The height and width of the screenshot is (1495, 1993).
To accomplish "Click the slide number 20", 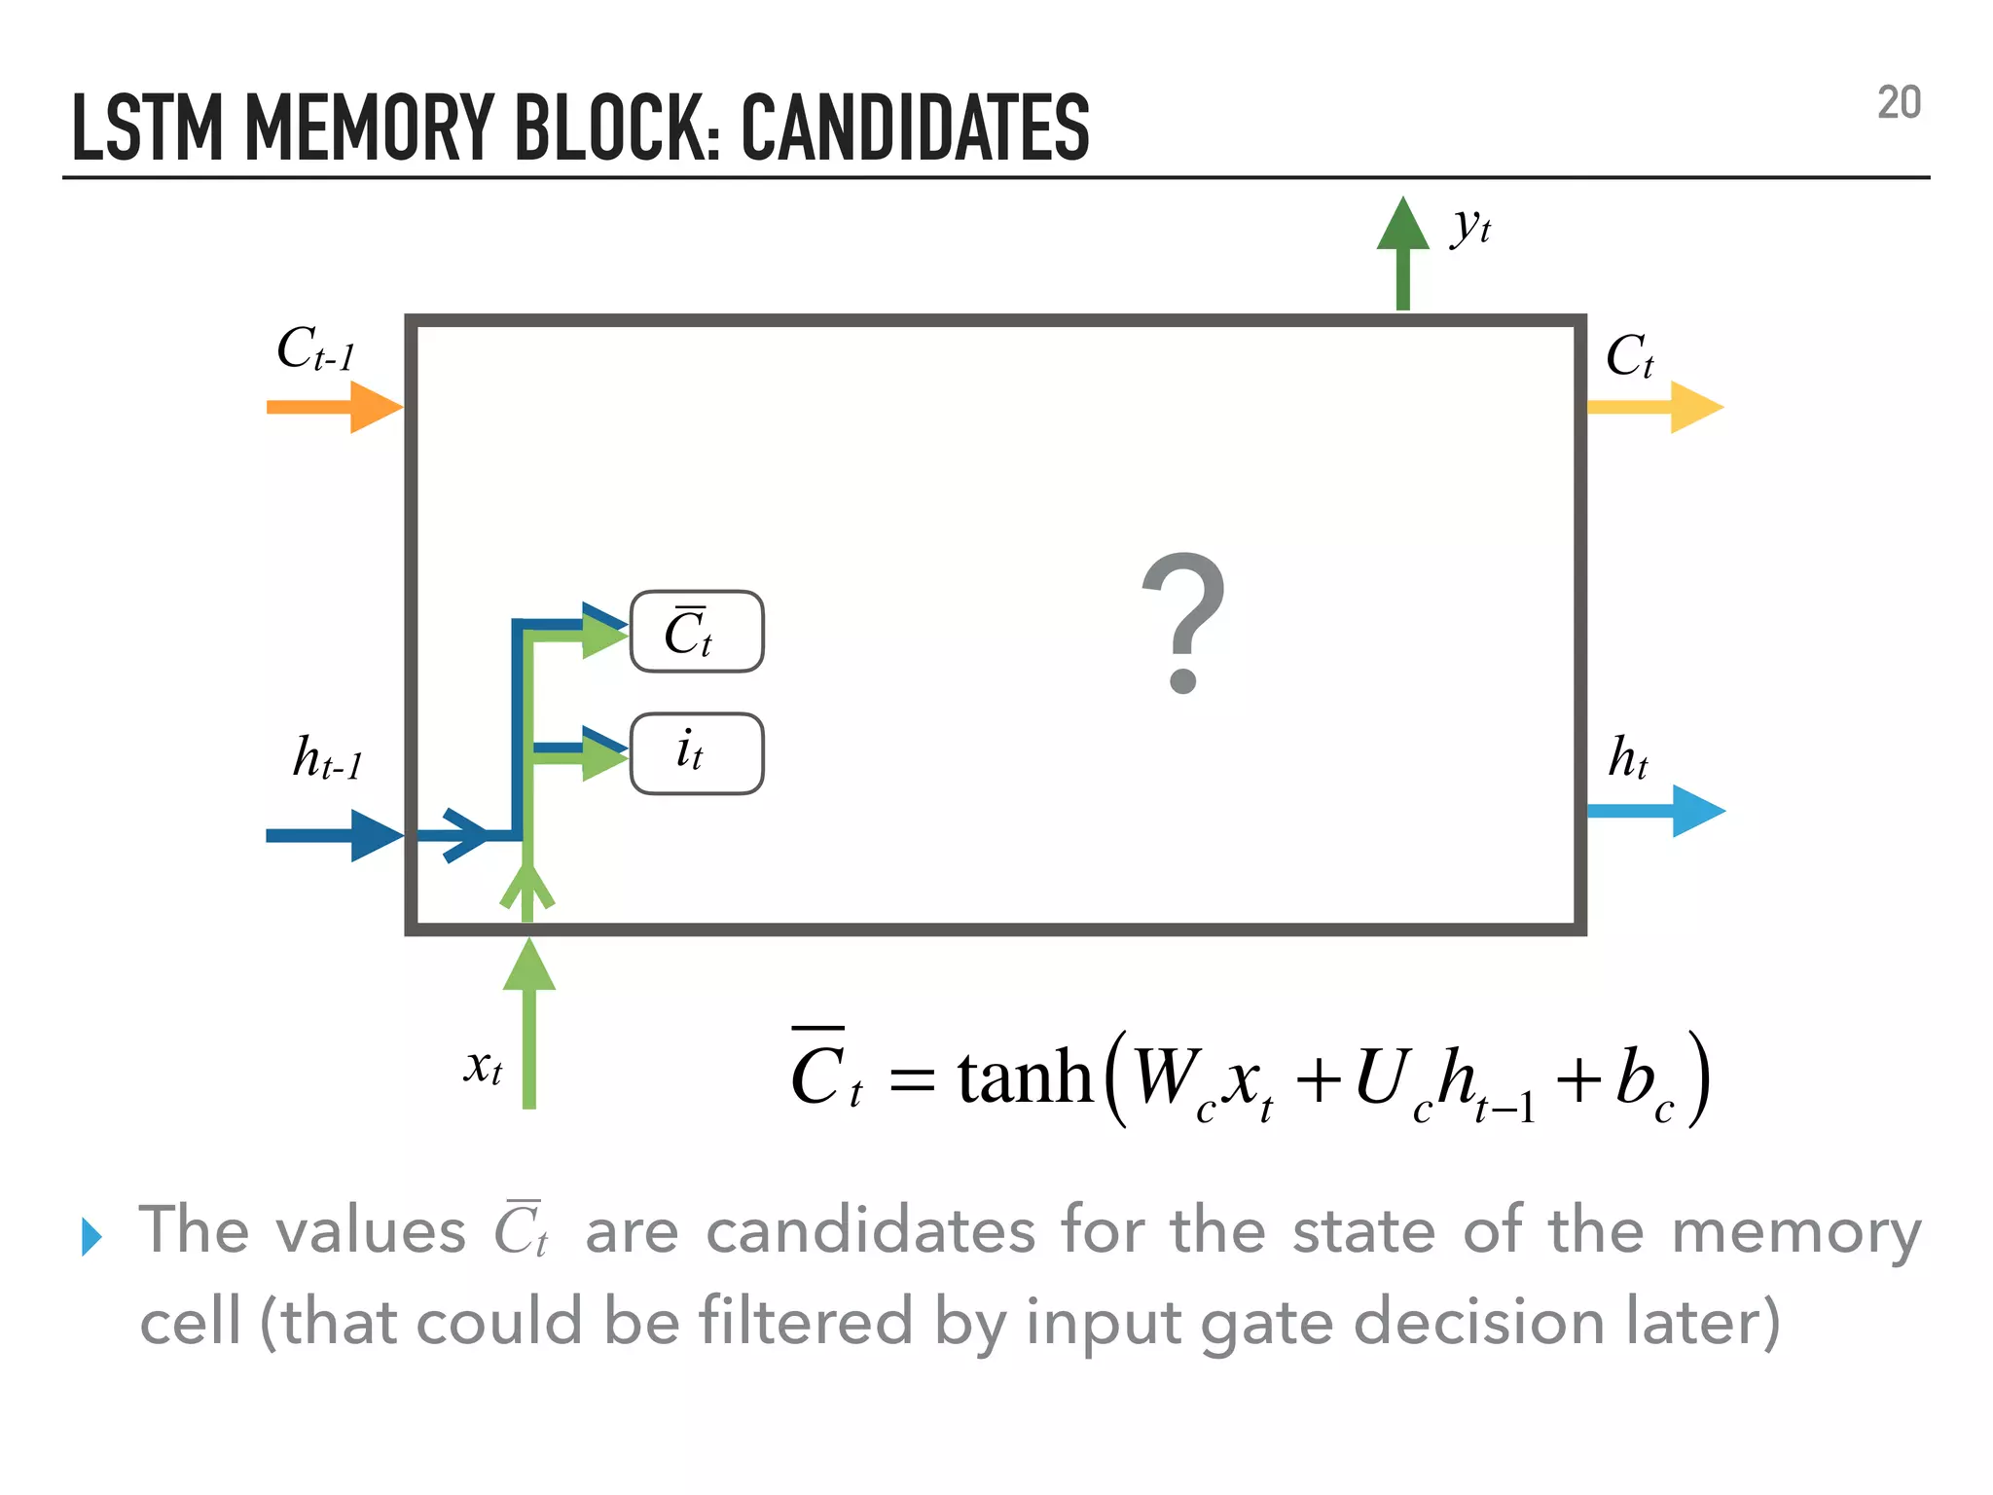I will [1899, 103].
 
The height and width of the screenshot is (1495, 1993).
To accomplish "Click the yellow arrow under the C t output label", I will [1655, 407].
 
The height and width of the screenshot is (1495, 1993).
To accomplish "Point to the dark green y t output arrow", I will [1402, 253].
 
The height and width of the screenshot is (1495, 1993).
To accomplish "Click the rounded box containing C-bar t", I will [697, 632].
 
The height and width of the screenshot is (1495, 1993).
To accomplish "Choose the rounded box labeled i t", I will [697, 753].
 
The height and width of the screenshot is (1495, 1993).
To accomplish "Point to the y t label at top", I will [1470, 227].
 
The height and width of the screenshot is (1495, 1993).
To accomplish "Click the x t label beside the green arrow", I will [483, 1067].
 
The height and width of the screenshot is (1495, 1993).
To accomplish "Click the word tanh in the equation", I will [1025, 1078].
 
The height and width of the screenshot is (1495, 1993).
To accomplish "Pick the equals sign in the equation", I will [912, 1080].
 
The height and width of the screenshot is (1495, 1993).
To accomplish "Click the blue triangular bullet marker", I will [91, 1236].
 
